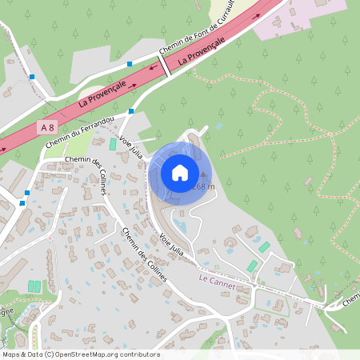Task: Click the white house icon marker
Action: point(180,173)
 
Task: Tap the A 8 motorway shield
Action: point(49,127)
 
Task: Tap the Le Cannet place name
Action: point(214,278)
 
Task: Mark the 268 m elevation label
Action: point(205,186)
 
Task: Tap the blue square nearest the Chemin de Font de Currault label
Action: point(129,63)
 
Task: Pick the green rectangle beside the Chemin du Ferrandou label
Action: point(112,144)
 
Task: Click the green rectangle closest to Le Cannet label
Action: point(252,266)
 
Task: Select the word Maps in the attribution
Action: point(10,354)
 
